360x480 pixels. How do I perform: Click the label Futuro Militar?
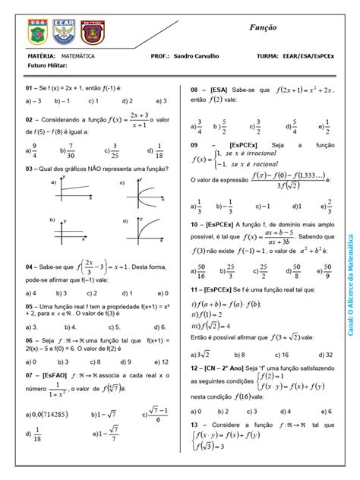pyautogui.click(x=46, y=66)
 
